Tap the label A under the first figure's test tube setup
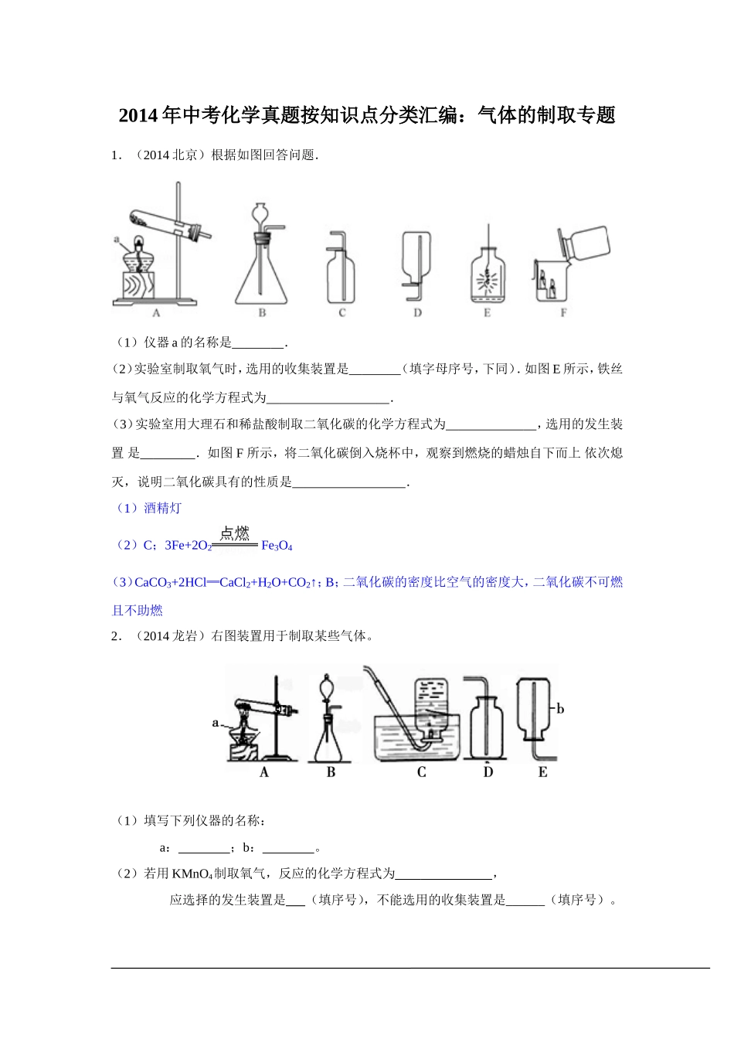(157, 313)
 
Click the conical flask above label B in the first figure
(261, 271)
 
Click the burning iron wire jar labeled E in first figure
(487, 274)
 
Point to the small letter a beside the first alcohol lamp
(117, 240)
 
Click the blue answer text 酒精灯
(162, 508)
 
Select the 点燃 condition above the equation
(235, 533)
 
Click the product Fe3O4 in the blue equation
(277, 546)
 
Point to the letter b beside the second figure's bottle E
(560, 709)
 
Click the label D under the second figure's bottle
(488, 772)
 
